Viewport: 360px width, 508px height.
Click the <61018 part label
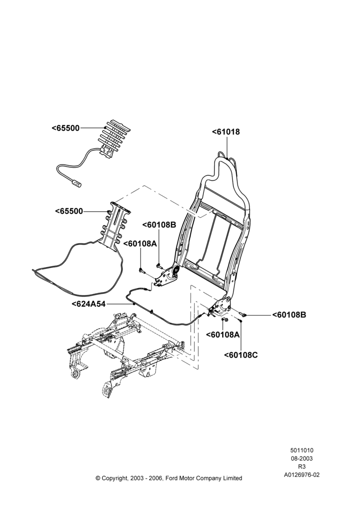point(226,132)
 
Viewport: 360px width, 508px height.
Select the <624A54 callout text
point(88,304)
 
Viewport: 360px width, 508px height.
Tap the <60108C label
point(241,355)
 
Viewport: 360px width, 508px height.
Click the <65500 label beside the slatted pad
point(66,128)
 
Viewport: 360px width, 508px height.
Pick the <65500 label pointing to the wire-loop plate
point(69,211)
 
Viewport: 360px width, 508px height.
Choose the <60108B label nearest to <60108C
point(289,314)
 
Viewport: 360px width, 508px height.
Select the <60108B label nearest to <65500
point(159,225)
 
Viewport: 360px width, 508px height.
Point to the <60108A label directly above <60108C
point(223,334)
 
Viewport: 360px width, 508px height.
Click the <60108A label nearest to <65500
point(140,244)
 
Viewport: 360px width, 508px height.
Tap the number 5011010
point(302,450)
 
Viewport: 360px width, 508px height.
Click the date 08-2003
point(302,458)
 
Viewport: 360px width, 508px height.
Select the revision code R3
point(302,467)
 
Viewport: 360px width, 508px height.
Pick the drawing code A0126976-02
point(302,475)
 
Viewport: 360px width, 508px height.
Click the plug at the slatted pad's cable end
point(77,185)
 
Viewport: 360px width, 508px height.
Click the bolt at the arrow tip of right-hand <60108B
point(243,314)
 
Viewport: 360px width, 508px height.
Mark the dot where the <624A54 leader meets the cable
point(134,304)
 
